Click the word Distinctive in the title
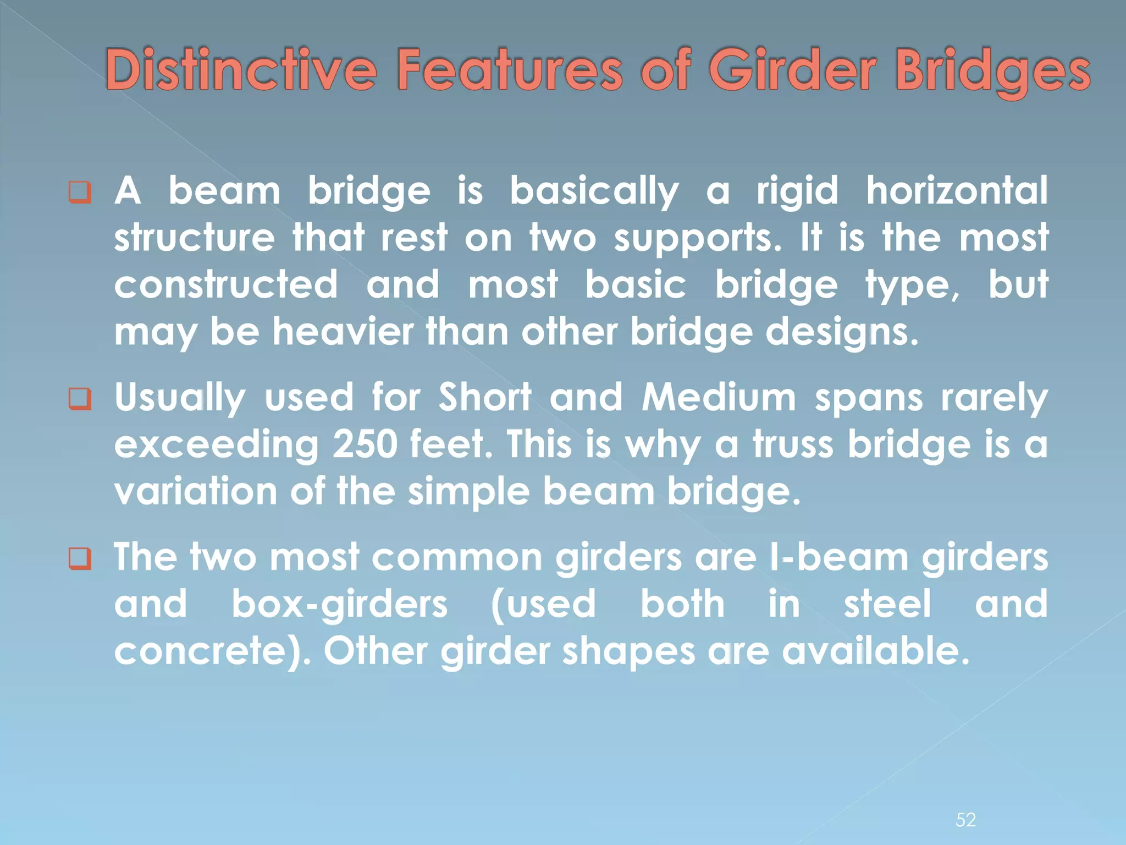(241, 70)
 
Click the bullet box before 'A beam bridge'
(80, 193)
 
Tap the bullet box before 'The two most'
(80, 559)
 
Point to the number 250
(365, 444)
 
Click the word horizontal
(957, 191)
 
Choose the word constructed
(226, 285)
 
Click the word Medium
(719, 397)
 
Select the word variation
(195, 491)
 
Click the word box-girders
(339, 605)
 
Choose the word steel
(887, 604)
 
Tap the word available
(875, 651)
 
